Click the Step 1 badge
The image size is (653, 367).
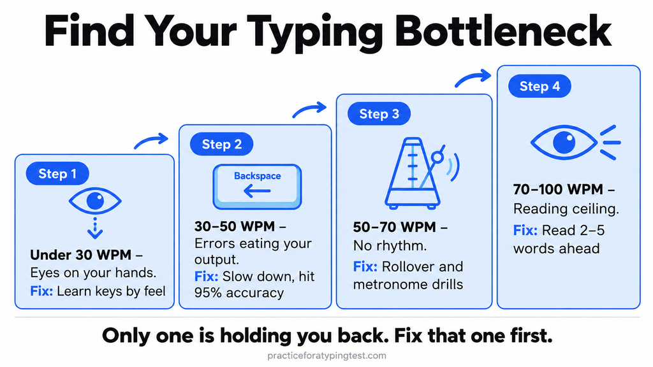(x=57, y=173)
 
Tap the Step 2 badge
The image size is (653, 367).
(x=221, y=144)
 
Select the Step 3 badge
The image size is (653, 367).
(x=379, y=113)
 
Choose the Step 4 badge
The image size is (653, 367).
(x=539, y=86)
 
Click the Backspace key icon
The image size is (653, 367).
(x=257, y=187)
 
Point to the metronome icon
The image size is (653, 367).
(x=421, y=173)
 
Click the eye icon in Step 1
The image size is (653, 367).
(x=95, y=201)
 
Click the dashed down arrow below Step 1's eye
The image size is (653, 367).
(x=95, y=229)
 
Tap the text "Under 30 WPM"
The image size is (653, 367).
(x=81, y=255)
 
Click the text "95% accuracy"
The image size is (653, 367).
(x=239, y=292)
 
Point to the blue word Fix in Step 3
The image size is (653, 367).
(x=365, y=266)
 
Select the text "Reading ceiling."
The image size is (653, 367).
(x=566, y=208)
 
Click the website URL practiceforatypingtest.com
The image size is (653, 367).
(x=326, y=356)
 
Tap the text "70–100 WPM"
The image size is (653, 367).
(x=558, y=189)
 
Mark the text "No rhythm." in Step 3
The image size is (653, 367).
(x=390, y=245)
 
